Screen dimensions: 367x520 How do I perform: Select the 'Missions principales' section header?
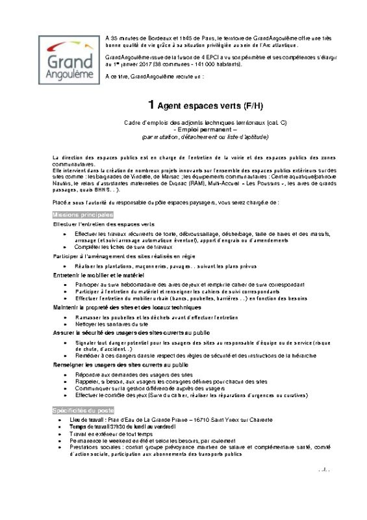(x=82, y=214)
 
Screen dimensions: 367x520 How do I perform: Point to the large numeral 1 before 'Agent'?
(x=151, y=105)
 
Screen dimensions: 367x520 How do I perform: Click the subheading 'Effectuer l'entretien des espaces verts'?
(x=103, y=224)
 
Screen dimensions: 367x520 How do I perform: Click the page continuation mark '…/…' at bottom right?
(x=325, y=469)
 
